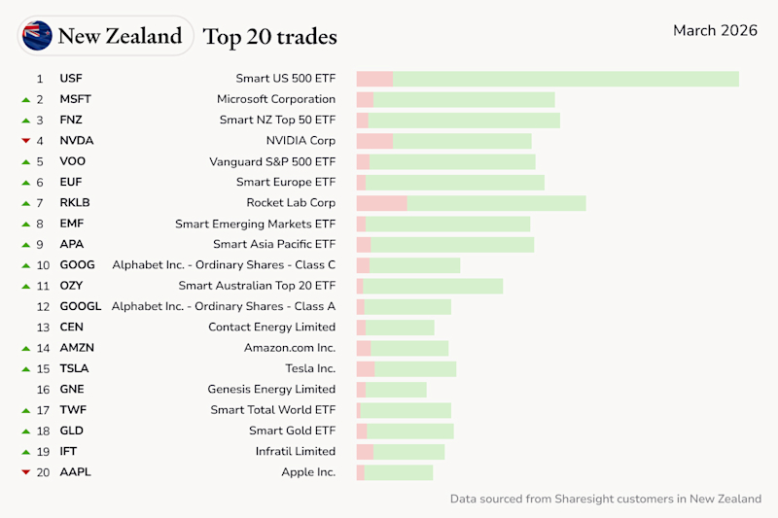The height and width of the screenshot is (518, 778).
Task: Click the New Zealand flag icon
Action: coord(38,36)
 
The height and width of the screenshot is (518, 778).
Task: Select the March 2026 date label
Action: coord(715,31)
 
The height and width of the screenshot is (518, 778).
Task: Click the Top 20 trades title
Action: coord(269,37)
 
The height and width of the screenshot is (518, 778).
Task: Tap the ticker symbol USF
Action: coord(71,79)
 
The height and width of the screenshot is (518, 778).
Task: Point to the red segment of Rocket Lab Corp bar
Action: coord(381,203)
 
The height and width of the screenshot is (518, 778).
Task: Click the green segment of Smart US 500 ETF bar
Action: coord(565,79)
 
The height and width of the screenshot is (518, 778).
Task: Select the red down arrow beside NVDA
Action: coord(25,141)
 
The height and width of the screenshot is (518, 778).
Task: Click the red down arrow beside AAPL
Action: coord(25,472)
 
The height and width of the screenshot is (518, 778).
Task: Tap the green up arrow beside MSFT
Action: coord(25,99)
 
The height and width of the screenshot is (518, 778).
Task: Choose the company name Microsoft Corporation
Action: coord(275,99)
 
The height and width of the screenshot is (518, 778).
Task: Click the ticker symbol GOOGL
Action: coord(80,307)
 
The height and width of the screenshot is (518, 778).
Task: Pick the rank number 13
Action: coord(43,328)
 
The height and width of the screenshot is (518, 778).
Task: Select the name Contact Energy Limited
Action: coord(271,328)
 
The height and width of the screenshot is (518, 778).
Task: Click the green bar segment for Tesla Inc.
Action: coord(415,369)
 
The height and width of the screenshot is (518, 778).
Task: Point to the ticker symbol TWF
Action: coord(72,410)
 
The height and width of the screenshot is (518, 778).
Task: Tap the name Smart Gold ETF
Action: coord(292,431)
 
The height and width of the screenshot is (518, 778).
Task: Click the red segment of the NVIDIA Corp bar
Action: coord(374,141)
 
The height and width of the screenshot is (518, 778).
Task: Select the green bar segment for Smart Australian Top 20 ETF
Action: coord(433,286)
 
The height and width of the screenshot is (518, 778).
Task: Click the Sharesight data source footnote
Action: coord(605,499)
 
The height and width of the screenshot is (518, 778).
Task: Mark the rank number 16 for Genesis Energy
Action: coord(43,390)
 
